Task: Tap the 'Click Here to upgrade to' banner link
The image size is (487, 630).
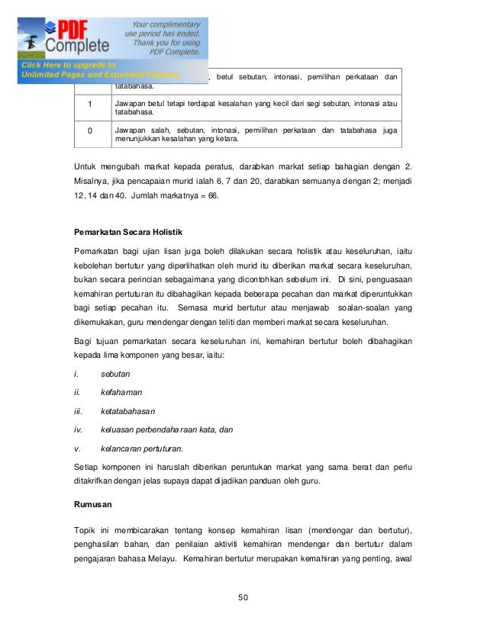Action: [69, 65]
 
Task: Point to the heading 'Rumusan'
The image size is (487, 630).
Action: [94, 504]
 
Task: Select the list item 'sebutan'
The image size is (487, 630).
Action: [115, 374]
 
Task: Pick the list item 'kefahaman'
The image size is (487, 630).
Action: [122, 393]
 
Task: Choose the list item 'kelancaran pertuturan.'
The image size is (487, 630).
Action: [141, 448]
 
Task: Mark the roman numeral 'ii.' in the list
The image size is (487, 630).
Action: [77, 393]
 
